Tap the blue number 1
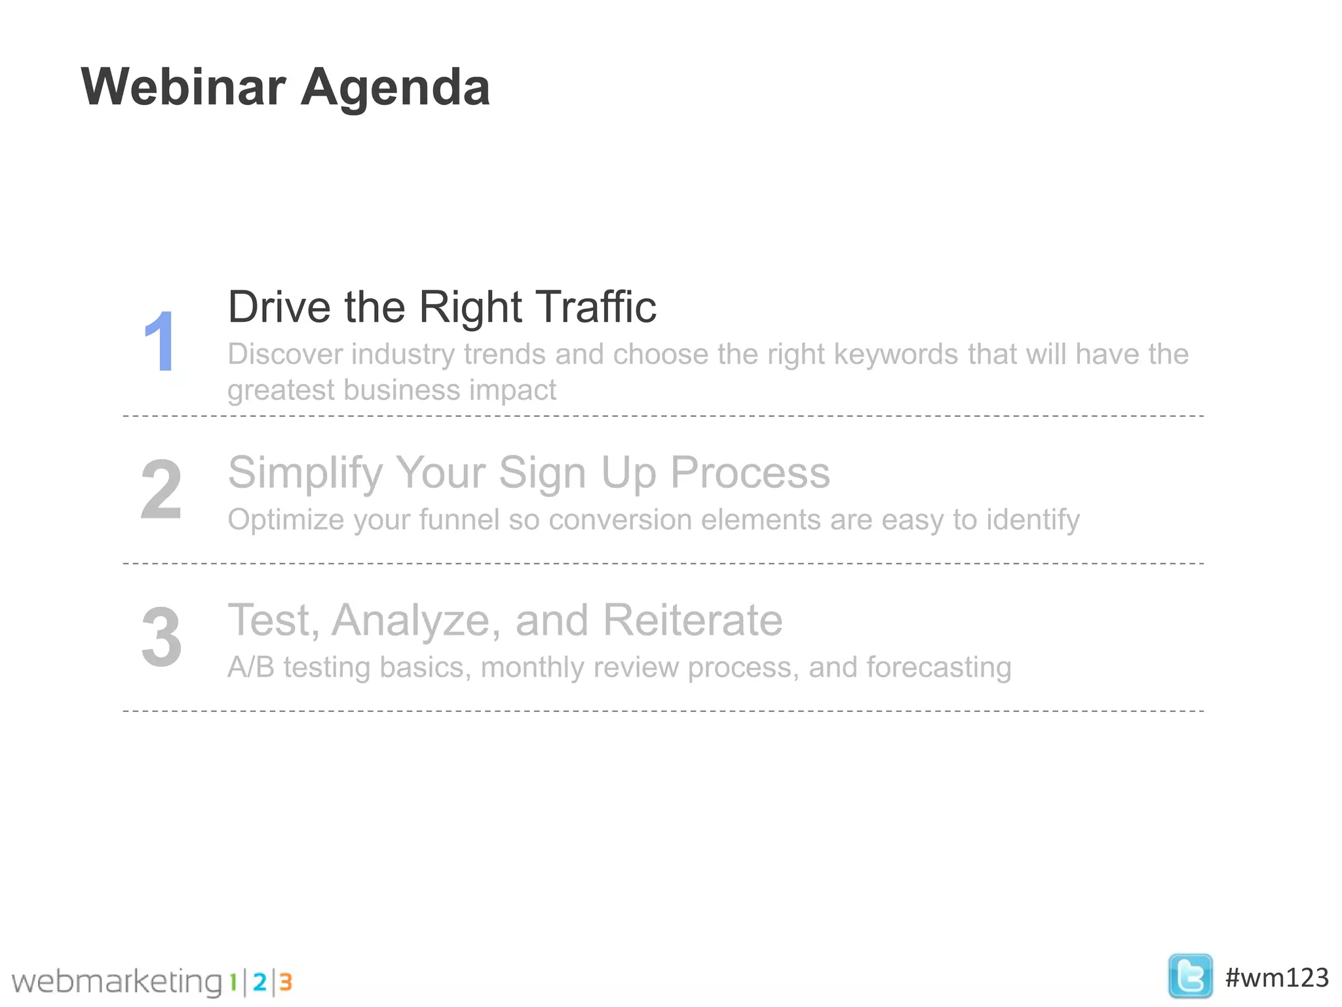click(x=159, y=342)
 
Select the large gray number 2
click(x=161, y=489)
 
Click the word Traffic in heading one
click(x=596, y=307)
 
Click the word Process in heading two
click(x=750, y=472)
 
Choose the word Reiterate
click(x=693, y=620)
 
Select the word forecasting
click(x=938, y=668)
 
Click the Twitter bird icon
click(x=1189, y=976)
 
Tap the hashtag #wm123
click(x=1276, y=977)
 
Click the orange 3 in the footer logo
click(x=285, y=982)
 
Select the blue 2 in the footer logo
click(x=259, y=982)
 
